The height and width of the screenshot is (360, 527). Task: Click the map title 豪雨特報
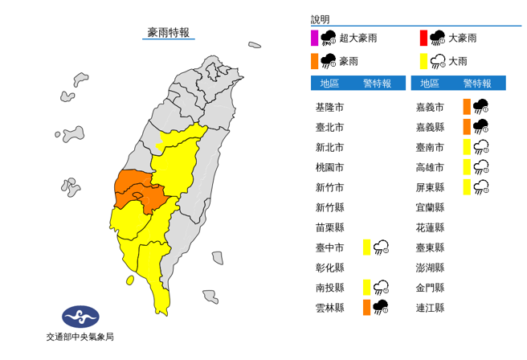(x=169, y=32)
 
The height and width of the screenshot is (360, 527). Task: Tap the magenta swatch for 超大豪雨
(x=314, y=37)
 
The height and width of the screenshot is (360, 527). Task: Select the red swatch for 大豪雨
(x=423, y=37)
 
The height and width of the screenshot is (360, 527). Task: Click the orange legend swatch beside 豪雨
(x=314, y=60)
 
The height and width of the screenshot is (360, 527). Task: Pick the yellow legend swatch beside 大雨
(x=423, y=60)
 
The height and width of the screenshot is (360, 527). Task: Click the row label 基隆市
(x=330, y=107)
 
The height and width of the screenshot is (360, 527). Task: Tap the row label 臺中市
(x=330, y=247)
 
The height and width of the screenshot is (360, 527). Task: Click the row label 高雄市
(x=429, y=167)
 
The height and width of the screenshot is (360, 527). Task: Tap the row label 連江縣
(x=429, y=307)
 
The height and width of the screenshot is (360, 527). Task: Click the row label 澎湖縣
(x=429, y=267)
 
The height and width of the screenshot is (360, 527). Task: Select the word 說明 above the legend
(x=321, y=19)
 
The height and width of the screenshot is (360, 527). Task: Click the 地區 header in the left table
(x=329, y=83)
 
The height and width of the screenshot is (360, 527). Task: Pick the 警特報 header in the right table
(x=477, y=83)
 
